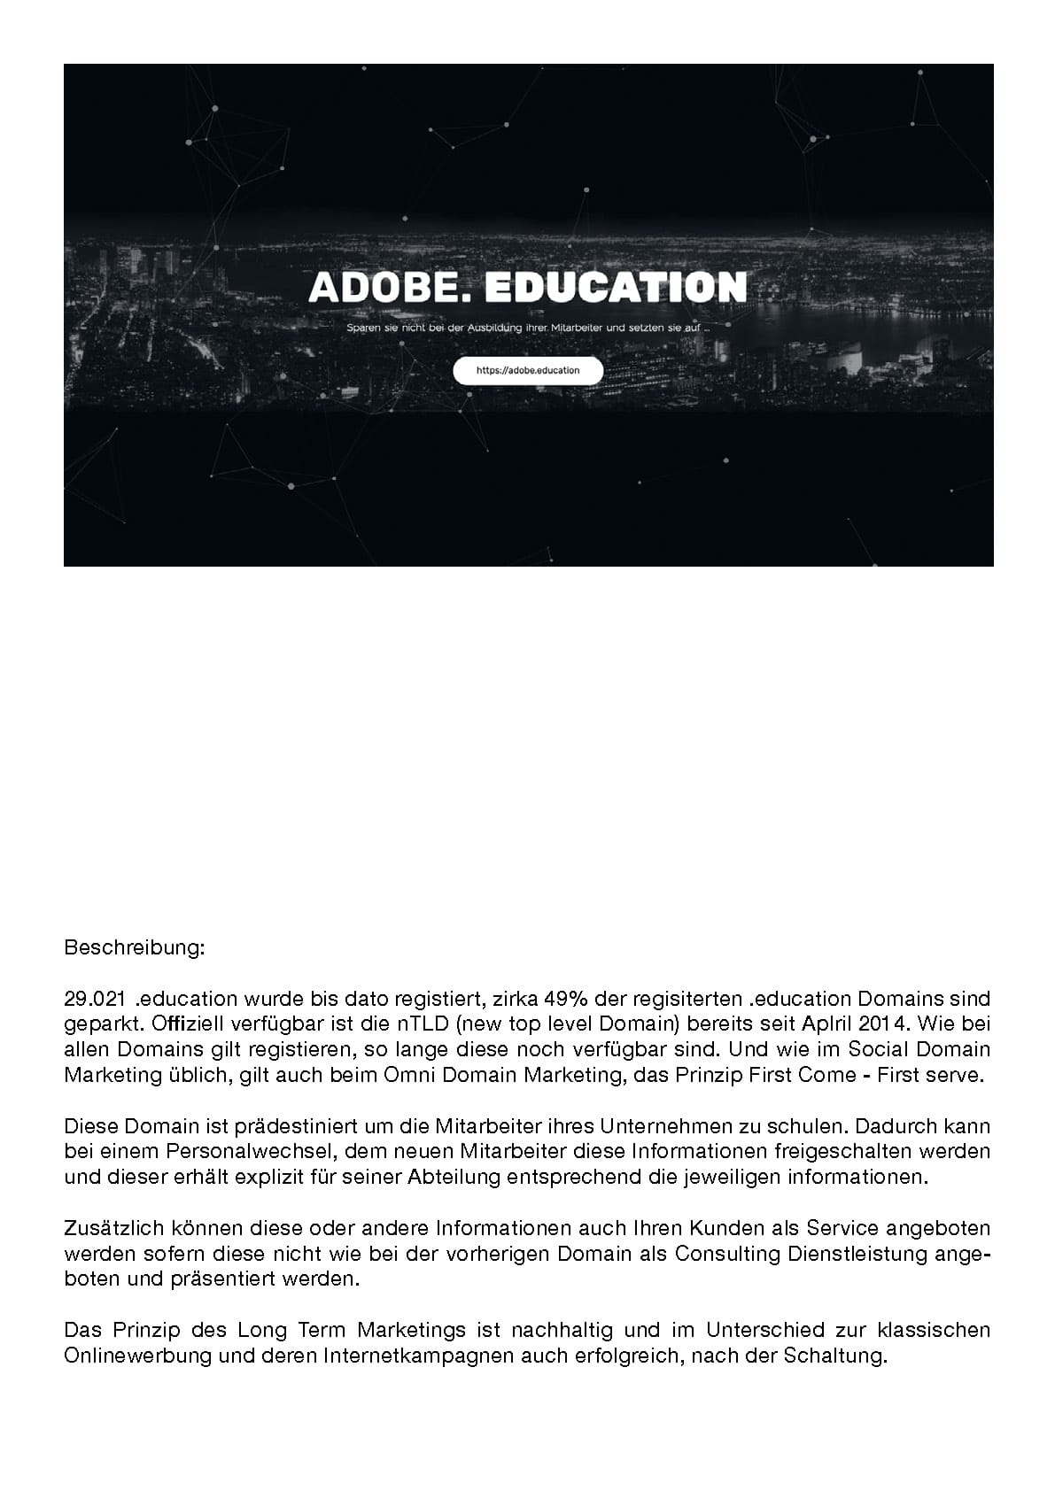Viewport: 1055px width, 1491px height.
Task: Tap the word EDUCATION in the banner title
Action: click(617, 287)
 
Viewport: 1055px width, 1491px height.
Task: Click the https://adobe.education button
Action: click(528, 371)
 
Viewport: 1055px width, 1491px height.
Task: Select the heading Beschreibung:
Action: click(135, 948)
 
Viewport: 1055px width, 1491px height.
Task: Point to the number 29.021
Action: click(95, 1000)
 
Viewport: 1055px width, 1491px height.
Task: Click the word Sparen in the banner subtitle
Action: click(362, 328)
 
